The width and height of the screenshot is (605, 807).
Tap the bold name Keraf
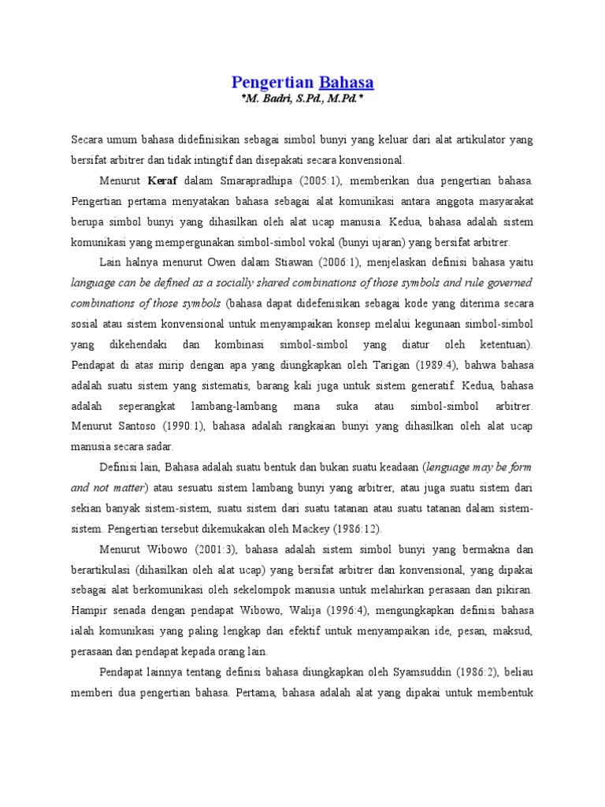point(158,181)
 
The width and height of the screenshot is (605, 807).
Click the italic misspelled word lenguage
point(436,468)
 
